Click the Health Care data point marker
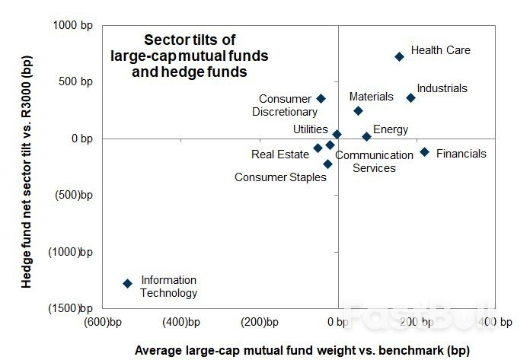[x=399, y=56]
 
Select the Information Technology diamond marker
[x=127, y=283]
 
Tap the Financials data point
[x=424, y=152]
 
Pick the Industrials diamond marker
[x=410, y=97]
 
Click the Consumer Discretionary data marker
[x=321, y=98]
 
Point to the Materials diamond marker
[x=358, y=110]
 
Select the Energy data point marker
[x=366, y=136]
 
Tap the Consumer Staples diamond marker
[x=327, y=164]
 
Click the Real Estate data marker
[x=318, y=148]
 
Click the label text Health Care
[x=440, y=50]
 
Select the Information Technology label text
[x=168, y=286]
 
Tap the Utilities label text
[x=310, y=129]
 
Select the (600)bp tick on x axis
[x=104, y=323]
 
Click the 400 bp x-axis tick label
[x=493, y=323]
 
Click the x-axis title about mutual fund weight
[x=302, y=350]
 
